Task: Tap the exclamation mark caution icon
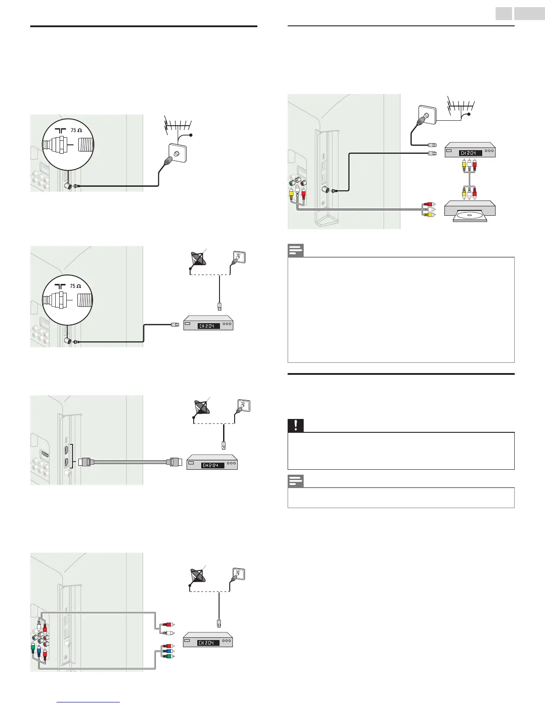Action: point(295,426)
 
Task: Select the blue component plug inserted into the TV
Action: point(39,650)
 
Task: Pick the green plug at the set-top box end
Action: point(167,656)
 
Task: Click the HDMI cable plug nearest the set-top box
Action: point(174,462)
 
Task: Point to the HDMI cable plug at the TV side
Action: point(84,462)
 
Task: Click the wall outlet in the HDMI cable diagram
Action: point(242,406)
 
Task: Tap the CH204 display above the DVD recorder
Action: point(470,153)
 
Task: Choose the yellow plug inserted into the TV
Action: point(291,193)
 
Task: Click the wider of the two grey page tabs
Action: point(529,13)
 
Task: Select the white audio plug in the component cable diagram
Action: point(167,632)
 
